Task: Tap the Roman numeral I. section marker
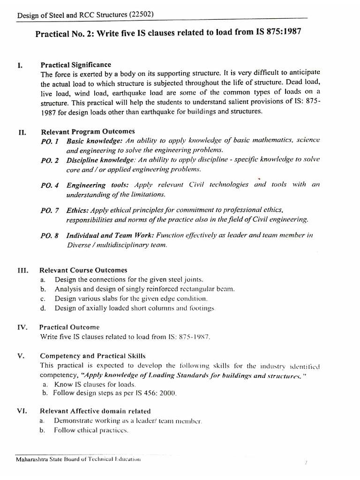pos(20,66)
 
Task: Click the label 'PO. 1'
pos(49,141)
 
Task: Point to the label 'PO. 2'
pos(49,160)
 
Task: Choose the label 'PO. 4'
pos(49,185)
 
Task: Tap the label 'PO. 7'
pos(49,210)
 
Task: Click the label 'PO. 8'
pos(49,236)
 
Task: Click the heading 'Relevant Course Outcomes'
pos(83,270)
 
